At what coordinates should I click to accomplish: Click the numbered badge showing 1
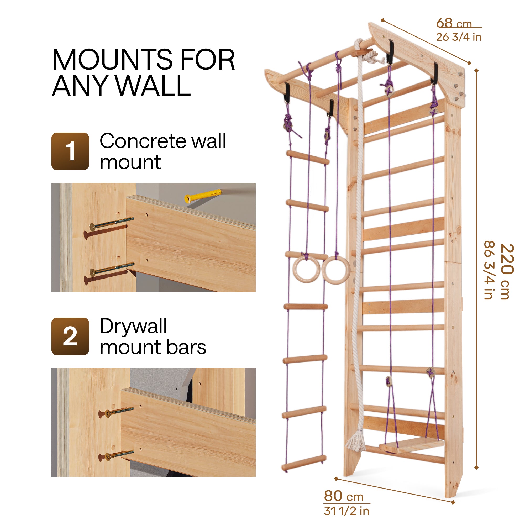(x=70, y=151)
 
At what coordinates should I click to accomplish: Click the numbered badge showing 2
(x=70, y=337)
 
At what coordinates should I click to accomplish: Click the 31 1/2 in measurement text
(x=346, y=511)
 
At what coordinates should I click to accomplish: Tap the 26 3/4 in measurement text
(x=459, y=37)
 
